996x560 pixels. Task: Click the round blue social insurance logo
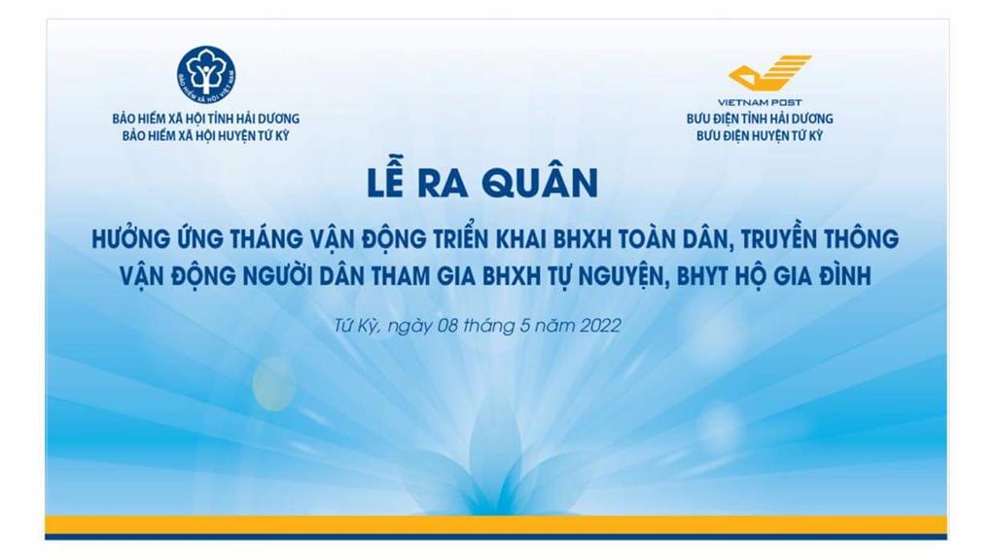pos(206,76)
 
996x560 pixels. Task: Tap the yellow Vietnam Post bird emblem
pos(770,72)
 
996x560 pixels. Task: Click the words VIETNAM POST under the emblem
pos(760,101)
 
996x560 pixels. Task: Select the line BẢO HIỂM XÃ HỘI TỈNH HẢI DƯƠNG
pos(206,119)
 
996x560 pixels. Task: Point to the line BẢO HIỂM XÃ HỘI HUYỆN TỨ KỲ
pos(206,136)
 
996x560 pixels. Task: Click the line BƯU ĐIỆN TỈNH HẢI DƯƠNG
pos(760,119)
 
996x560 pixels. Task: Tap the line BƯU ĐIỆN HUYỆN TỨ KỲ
pos(760,136)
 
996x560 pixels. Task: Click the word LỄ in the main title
pos(385,182)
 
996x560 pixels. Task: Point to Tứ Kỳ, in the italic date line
pos(357,326)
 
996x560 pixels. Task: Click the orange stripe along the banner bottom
pos(495,525)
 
